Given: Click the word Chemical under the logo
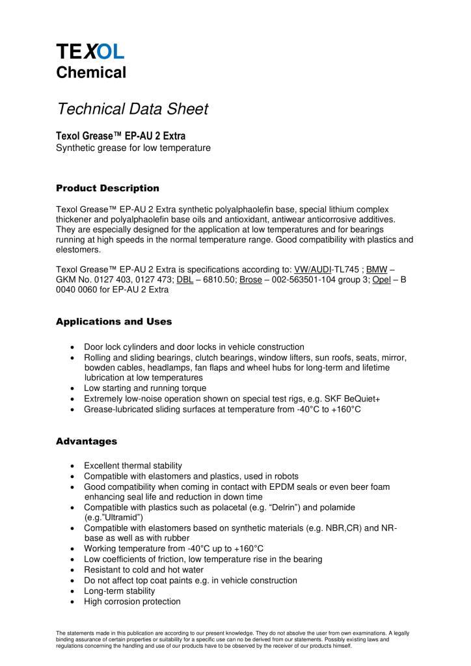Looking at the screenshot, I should [x=90, y=72].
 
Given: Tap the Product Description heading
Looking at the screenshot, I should [x=107, y=188].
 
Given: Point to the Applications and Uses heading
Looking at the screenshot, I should [x=114, y=321].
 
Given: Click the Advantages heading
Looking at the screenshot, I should [x=87, y=441].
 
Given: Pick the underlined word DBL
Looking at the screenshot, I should [x=185, y=279].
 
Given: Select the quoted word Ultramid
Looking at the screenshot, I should [x=122, y=517].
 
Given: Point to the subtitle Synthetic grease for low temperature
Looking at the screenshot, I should [x=133, y=148].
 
